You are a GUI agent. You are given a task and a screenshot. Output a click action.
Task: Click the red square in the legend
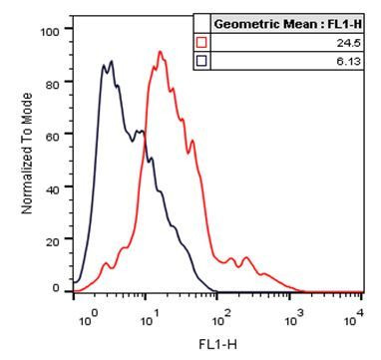pos(201,42)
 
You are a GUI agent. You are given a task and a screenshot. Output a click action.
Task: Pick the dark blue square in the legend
pos(201,60)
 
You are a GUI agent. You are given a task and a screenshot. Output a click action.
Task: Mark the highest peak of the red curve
pos(160,52)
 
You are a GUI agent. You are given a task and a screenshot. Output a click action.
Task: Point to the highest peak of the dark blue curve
pos(112,61)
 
